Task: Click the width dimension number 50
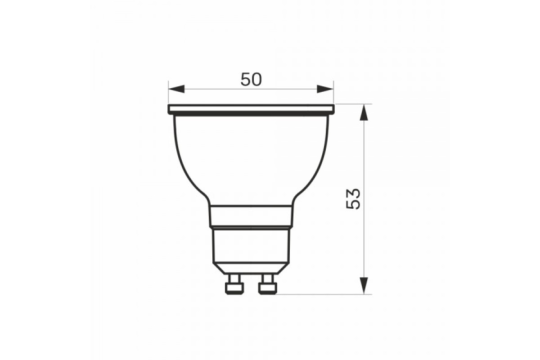pyautogui.click(x=251, y=79)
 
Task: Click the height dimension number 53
pyautogui.click(x=354, y=198)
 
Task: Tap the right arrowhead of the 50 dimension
pyautogui.click(x=325, y=89)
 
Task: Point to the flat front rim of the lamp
pyautogui.click(x=251, y=109)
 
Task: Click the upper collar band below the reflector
pyautogui.click(x=251, y=216)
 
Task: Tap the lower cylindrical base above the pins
pyautogui.click(x=251, y=247)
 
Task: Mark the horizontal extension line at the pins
pyautogui.click(x=324, y=295)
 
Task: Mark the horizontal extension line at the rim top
pyautogui.click(x=353, y=104)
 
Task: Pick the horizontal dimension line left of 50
pyautogui.click(x=207, y=89)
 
